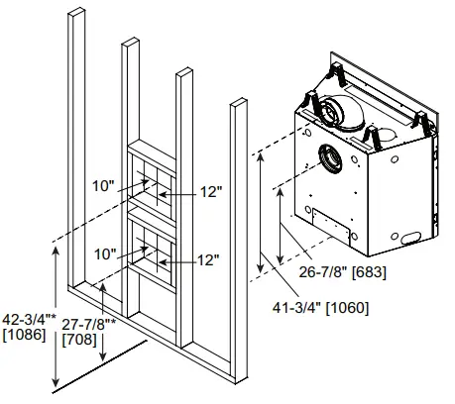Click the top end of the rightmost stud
click(x=237, y=101)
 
